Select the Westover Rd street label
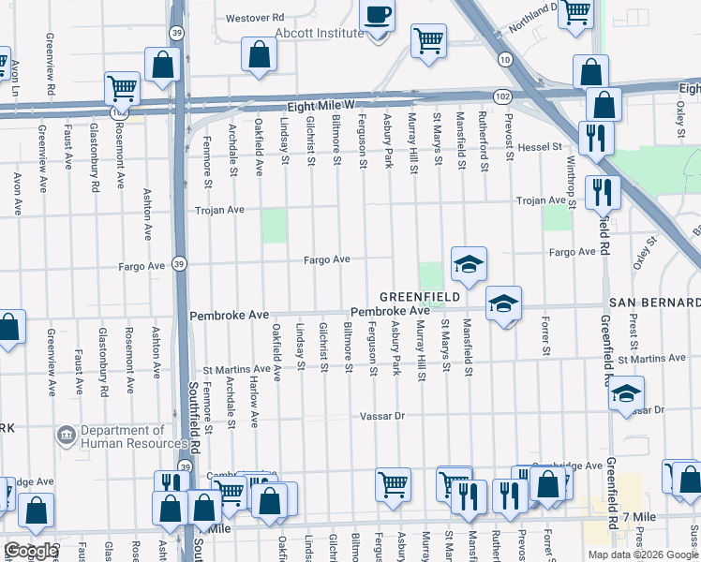[x=254, y=17]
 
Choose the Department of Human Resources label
[x=133, y=437]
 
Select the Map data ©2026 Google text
[x=642, y=554]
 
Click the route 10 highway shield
[x=505, y=60]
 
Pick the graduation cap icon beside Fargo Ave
[x=469, y=264]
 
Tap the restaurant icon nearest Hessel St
[x=595, y=138]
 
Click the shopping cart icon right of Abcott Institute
[x=428, y=40]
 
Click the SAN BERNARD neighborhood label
[x=654, y=303]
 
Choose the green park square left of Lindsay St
[x=275, y=226]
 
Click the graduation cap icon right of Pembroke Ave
[x=503, y=303]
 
